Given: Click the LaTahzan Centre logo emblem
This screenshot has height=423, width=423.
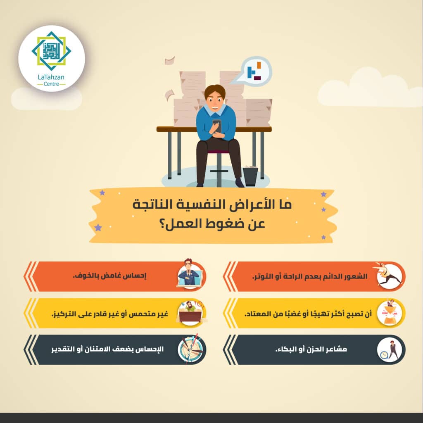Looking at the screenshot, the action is [x=51, y=51].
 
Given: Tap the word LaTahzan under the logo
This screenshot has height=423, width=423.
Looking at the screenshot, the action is [x=51, y=77].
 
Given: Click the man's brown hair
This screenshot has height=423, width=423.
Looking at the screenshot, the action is [x=215, y=91].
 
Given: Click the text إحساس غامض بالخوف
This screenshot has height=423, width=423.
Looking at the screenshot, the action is [x=109, y=276].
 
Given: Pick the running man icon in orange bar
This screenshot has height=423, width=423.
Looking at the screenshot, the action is [x=388, y=276].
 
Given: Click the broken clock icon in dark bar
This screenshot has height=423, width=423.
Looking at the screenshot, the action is [x=190, y=349].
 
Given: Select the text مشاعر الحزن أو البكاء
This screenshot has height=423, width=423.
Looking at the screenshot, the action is [x=311, y=349].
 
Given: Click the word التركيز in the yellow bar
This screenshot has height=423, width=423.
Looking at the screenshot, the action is [x=63, y=314].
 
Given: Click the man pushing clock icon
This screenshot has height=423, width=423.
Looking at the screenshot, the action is [x=390, y=350].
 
